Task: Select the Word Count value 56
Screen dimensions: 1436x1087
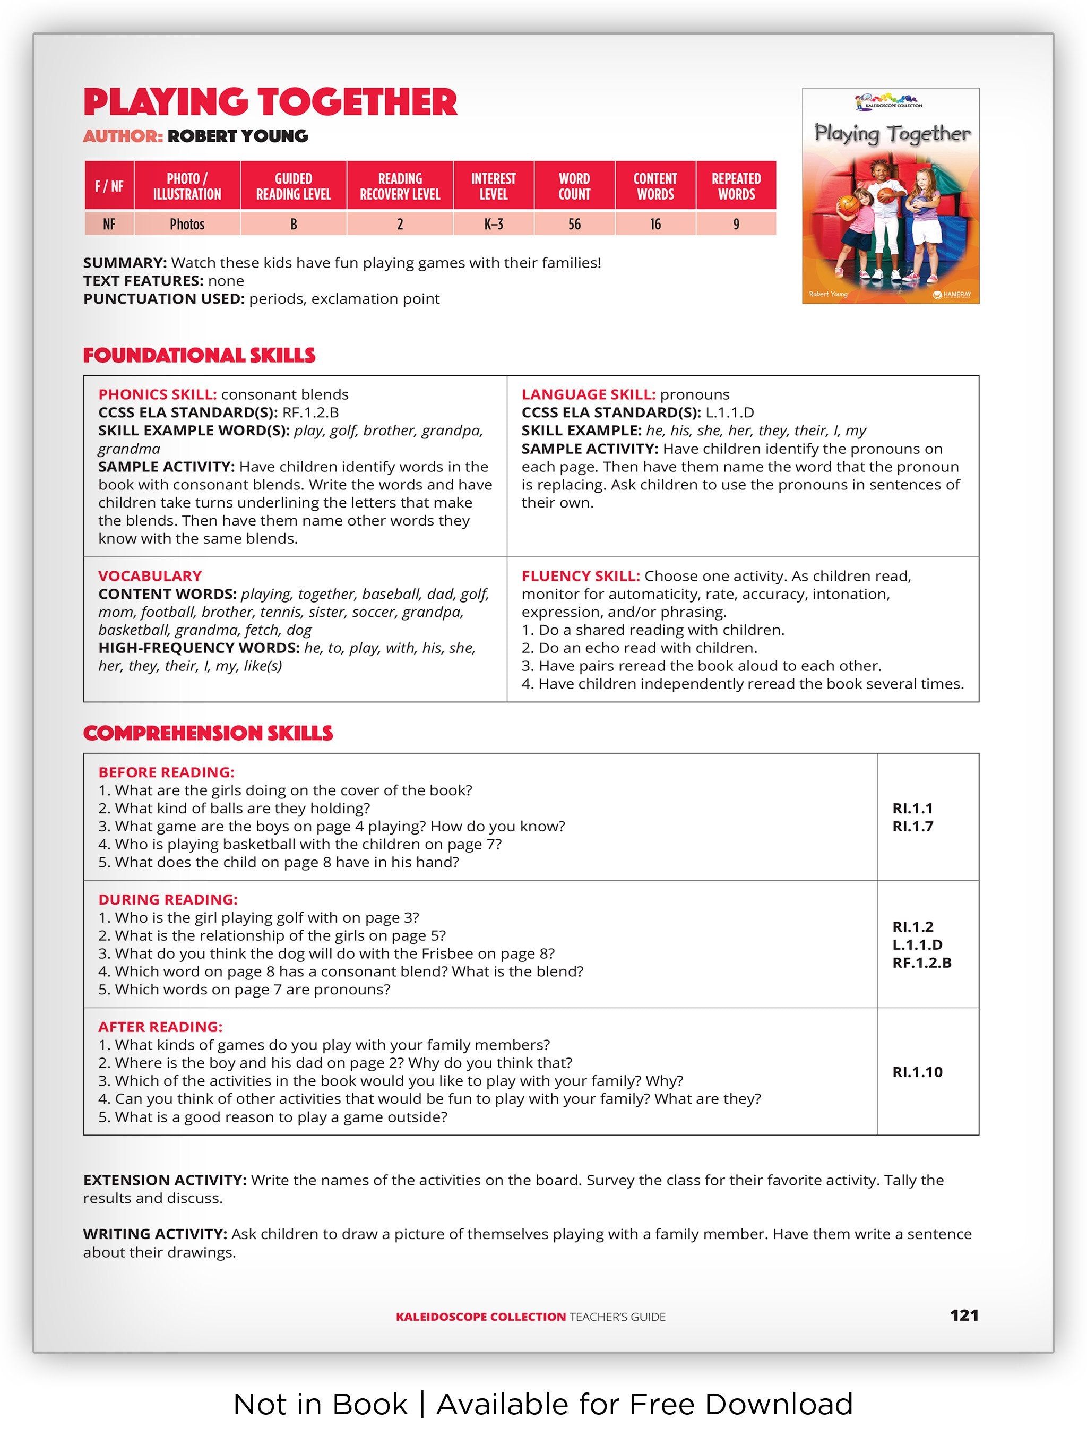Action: click(574, 224)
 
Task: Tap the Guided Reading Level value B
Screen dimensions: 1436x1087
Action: click(294, 224)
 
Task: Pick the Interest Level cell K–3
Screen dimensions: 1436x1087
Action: click(493, 224)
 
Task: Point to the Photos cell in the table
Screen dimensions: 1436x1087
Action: click(187, 224)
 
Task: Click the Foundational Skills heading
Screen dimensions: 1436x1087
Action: click(199, 355)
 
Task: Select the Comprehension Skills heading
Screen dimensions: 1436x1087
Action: click(208, 733)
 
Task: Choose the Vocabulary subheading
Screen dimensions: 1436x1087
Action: click(150, 576)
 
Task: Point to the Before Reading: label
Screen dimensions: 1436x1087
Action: click(166, 772)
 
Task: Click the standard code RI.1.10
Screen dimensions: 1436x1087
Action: click(917, 1072)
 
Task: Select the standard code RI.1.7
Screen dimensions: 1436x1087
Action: click(912, 827)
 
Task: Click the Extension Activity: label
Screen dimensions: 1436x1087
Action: click(165, 1180)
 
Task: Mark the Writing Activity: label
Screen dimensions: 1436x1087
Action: click(155, 1233)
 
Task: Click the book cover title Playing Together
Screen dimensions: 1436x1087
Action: click(892, 133)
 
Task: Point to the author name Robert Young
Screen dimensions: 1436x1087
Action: click(238, 136)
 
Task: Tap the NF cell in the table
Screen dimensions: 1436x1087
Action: click(109, 224)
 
